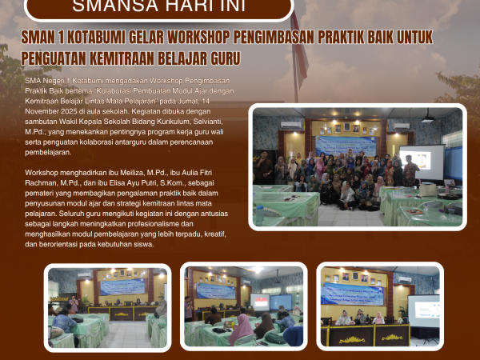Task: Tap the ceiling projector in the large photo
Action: click(427, 118)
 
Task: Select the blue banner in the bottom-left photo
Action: click(122, 287)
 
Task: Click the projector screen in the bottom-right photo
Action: click(423, 308)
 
